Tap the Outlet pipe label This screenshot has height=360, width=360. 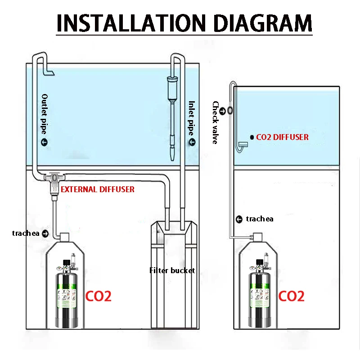44,114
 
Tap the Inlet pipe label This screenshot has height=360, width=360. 191,118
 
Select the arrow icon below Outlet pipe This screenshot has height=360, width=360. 44,142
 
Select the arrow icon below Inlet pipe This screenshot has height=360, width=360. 192,142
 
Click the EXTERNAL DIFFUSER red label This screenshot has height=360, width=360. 98,189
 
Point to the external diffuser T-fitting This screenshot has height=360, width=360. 54,181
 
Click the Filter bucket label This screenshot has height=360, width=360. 172,270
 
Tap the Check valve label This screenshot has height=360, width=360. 216,122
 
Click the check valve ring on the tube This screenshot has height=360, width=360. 230,111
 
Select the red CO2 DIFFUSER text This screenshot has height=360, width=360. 283,137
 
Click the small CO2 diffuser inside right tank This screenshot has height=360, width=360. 243,144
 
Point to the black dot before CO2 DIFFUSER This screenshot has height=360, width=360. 252,137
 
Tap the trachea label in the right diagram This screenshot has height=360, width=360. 260,219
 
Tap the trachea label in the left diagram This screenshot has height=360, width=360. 26,233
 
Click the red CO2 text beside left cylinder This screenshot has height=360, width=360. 98,296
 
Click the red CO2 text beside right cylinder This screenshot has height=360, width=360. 291,296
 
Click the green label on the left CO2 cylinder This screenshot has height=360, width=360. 67,296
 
